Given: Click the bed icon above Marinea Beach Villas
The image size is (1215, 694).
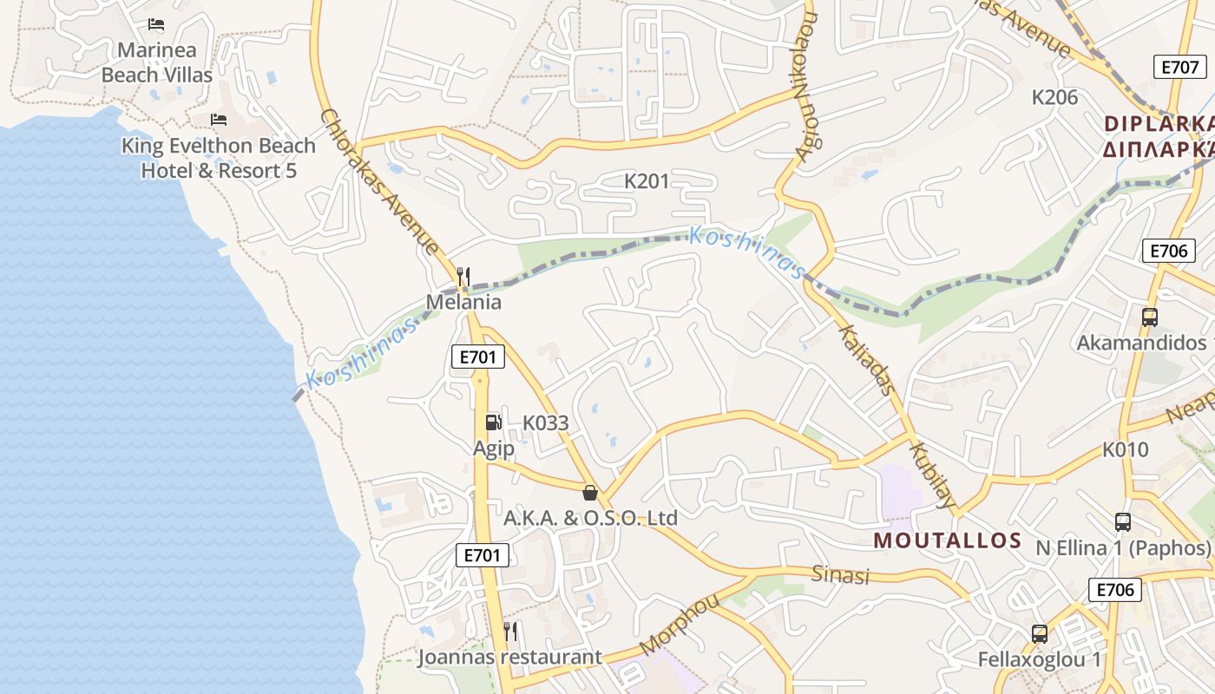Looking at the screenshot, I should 156,24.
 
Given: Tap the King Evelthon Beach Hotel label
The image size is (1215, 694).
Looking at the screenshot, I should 218,158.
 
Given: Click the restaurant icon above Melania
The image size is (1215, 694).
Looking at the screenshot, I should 463,277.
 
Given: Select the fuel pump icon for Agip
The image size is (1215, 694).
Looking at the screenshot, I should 493,422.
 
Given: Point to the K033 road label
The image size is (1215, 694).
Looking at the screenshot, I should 545,423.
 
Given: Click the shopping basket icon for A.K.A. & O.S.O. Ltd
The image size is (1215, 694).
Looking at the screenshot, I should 590,493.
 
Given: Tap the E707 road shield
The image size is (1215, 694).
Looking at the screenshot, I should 1181,67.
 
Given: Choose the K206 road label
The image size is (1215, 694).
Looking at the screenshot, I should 1054,97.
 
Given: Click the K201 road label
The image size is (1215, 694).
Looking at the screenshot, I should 647,181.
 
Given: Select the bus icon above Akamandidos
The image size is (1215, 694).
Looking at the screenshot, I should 1150,318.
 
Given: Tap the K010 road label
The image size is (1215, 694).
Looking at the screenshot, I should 1125,449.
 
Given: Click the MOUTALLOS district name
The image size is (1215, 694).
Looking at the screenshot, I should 947,540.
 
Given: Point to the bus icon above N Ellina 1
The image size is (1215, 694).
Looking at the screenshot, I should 1123,522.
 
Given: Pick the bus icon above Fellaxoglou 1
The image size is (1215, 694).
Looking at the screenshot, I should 1040,633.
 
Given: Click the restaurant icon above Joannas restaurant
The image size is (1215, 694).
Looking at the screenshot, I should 510,631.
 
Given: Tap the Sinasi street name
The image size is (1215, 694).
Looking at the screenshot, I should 840,574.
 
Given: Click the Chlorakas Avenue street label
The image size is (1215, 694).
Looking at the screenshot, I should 378,181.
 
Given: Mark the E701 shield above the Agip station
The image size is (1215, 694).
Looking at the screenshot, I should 477,357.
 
